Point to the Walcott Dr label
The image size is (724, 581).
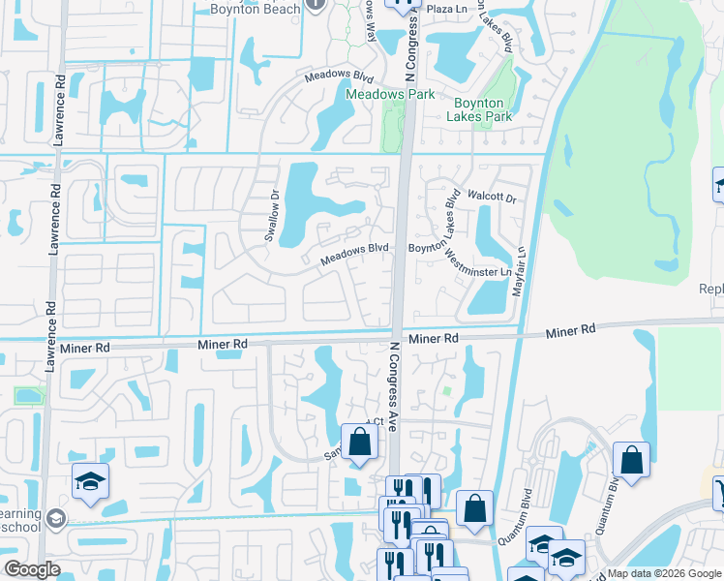493,196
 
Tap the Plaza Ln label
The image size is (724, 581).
447,9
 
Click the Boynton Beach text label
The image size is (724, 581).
256,9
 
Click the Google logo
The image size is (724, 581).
32,569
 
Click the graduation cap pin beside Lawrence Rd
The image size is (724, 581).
91,480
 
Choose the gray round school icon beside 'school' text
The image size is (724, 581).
56,519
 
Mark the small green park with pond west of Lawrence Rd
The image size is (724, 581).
29,395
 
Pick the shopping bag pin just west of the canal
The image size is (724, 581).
474,508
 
